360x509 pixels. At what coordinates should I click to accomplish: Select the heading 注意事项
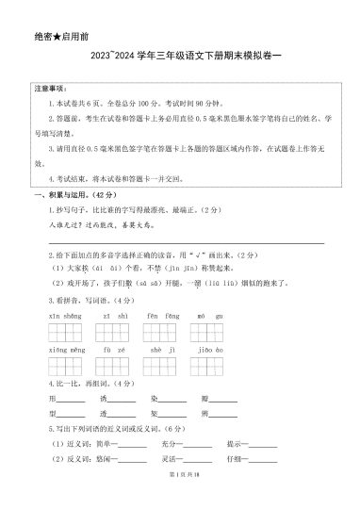(x=47, y=89)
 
